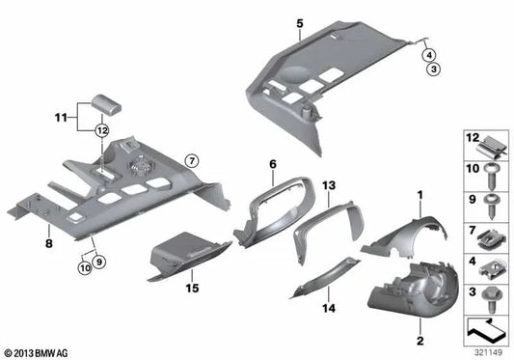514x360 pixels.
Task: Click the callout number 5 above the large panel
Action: click(300, 21)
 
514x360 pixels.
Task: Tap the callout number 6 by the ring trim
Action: click(273, 165)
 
